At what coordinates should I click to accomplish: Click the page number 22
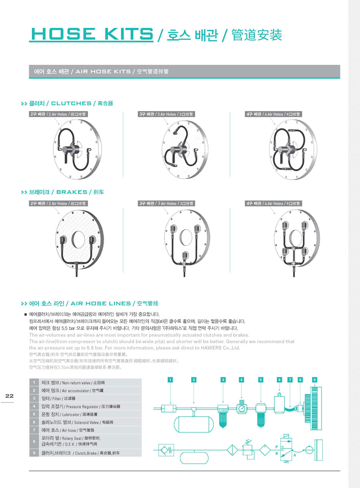10,396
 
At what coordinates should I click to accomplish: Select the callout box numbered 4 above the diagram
242,379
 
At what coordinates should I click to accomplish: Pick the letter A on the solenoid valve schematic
295,456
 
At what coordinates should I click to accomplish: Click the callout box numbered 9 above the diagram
314,379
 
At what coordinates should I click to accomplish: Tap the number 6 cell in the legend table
35,422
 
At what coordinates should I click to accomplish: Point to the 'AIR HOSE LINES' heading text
100,303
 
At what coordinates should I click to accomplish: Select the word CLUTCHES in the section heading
71,104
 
